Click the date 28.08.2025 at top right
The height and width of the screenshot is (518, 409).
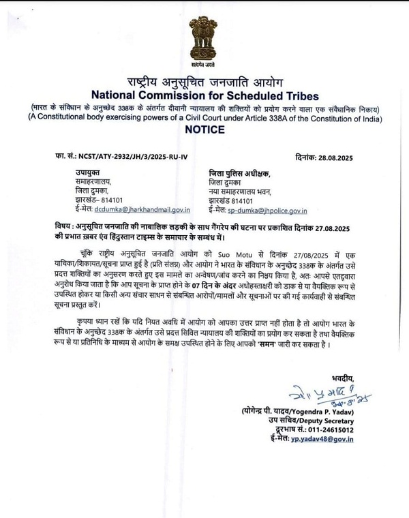click(x=327, y=156)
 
